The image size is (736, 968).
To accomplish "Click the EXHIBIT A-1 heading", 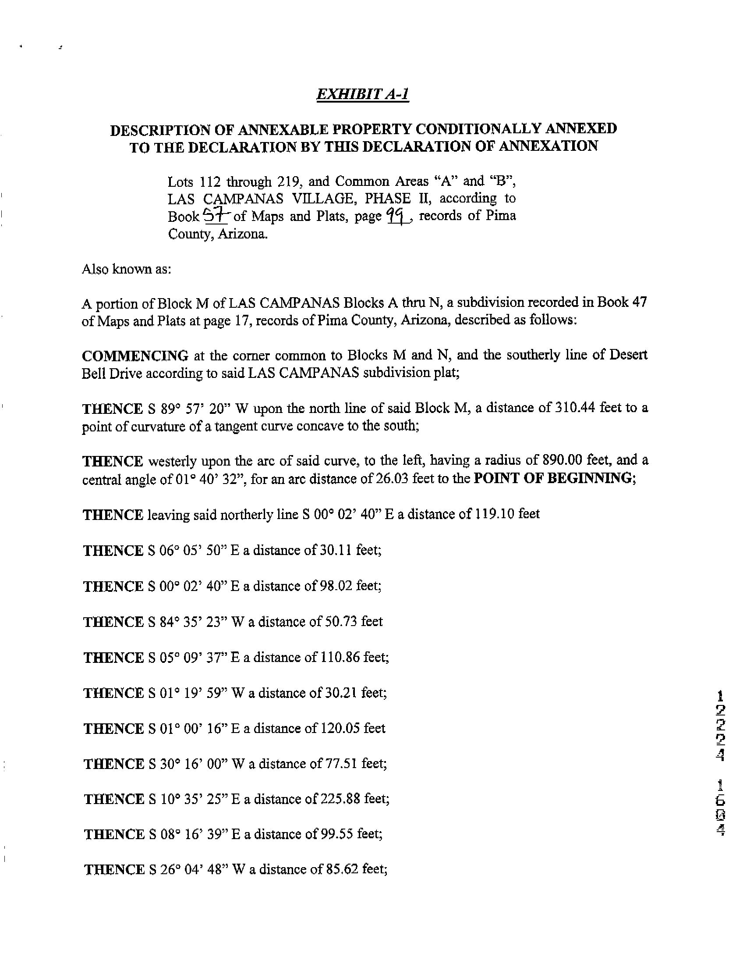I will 363,94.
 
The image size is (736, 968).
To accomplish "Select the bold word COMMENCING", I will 135,355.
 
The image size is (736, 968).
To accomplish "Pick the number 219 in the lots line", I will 288,181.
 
